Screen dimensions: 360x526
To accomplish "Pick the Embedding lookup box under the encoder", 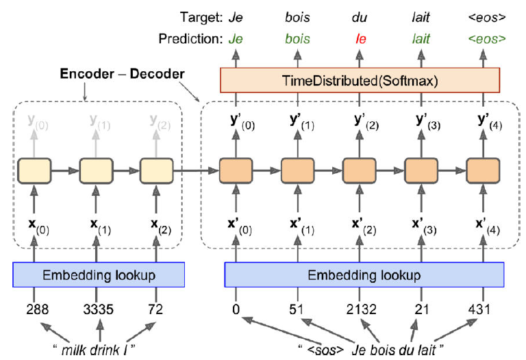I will click(x=99, y=274).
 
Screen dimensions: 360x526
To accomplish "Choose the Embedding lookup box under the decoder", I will click(x=364, y=274).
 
